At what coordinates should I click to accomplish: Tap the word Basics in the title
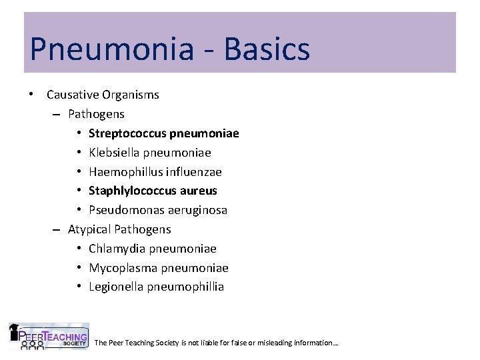(x=267, y=49)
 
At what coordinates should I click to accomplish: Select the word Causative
(x=73, y=95)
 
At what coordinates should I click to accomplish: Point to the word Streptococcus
(x=127, y=133)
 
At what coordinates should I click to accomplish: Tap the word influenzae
(x=193, y=172)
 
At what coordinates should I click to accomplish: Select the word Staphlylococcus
(x=131, y=191)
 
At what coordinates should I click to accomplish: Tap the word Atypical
(x=89, y=230)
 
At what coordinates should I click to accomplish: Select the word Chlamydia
(x=117, y=249)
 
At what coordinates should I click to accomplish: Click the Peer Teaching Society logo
(x=48, y=337)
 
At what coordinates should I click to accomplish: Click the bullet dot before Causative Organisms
(x=32, y=94)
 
